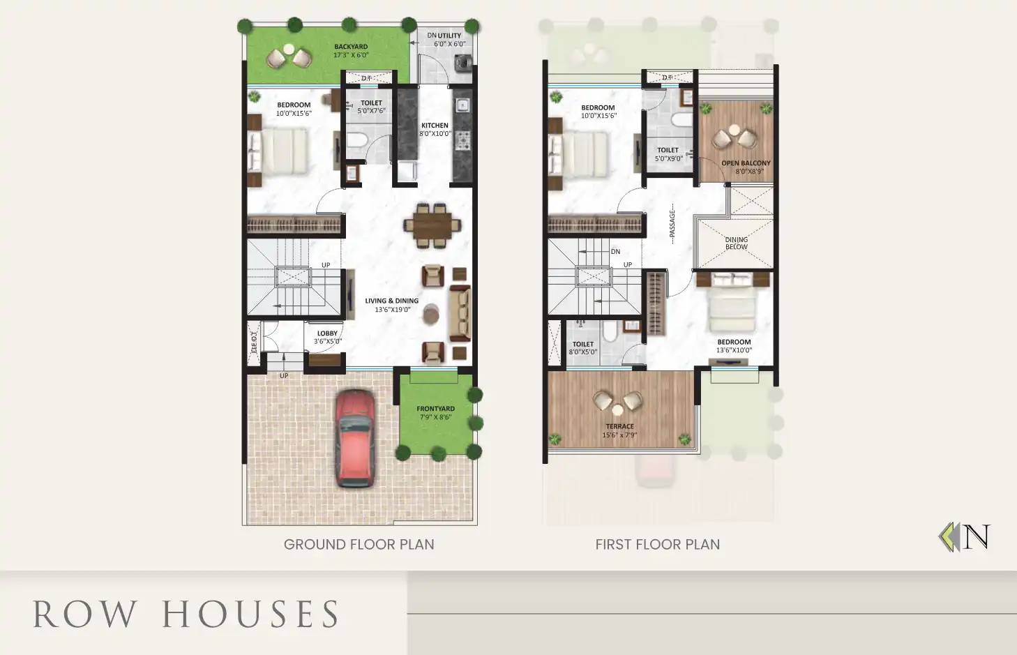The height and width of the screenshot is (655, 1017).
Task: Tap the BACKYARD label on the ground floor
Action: tap(351, 47)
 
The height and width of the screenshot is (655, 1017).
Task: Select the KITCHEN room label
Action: tap(435, 126)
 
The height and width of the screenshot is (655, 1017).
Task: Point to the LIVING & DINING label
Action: tap(392, 301)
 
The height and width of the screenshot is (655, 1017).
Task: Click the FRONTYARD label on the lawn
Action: tap(435, 409)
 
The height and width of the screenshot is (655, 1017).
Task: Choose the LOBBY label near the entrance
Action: tap(327, 333)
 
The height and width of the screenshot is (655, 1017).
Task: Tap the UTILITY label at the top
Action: tap(449, 36)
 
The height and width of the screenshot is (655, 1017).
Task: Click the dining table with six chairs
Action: tap(432, 225)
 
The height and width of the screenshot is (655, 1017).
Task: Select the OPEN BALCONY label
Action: tap(746, 163)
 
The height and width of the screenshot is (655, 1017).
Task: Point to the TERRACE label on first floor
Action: tap(620, 426)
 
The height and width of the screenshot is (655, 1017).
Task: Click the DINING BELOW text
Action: tap(737, 243)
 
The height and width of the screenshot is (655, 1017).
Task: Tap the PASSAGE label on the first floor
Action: tap(672, 224)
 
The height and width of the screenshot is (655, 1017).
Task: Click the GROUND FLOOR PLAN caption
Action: tap(359, 545)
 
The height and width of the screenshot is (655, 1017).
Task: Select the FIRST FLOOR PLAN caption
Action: tap(657, 545)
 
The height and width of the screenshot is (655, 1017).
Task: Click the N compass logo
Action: tap(965, 537)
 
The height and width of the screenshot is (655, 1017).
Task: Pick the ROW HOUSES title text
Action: tap(186, 615)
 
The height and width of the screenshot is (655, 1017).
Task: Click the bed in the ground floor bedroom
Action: tap(282, 151)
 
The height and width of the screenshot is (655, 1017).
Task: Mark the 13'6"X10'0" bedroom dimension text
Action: tap(734, 350)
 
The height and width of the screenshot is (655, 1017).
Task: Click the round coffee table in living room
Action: tap(432, 313)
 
